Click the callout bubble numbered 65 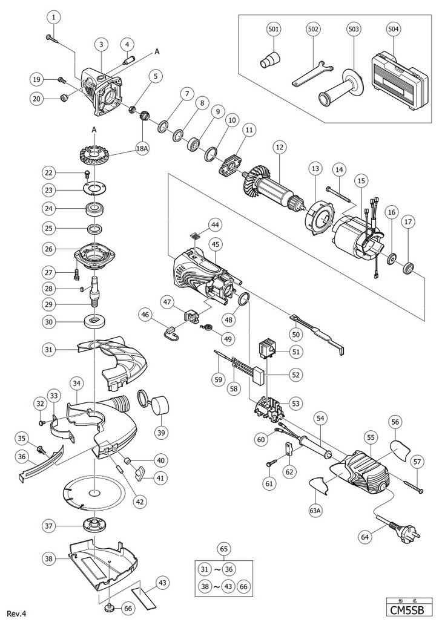point(225,549)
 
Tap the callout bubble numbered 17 point(409,222)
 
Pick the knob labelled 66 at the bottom point(111,606)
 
